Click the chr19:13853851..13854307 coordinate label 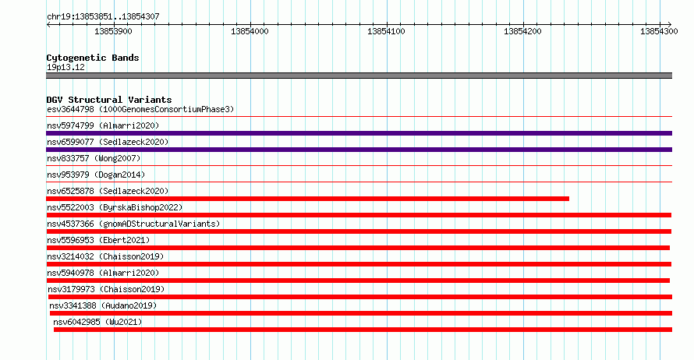[103, 17]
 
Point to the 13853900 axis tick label [113, 31]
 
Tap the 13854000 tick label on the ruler [250, 31]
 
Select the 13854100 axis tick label [386, 31]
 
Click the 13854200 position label [522, 31]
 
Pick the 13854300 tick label [659, 31]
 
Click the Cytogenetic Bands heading [93, 58]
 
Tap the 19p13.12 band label [66, 67]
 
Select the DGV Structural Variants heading [109, 100]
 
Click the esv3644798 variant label [70, 109]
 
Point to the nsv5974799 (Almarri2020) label [103, 125]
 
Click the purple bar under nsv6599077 [359, 150]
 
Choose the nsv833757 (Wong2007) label [94, 158]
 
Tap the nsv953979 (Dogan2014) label [96, 175]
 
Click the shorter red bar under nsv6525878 [307, 199]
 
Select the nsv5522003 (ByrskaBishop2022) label [115, 207]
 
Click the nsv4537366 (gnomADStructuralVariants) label [133, 224]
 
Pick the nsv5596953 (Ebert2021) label [98, 240]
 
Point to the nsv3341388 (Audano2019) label [103, 305]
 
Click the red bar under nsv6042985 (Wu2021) [363, 330]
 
